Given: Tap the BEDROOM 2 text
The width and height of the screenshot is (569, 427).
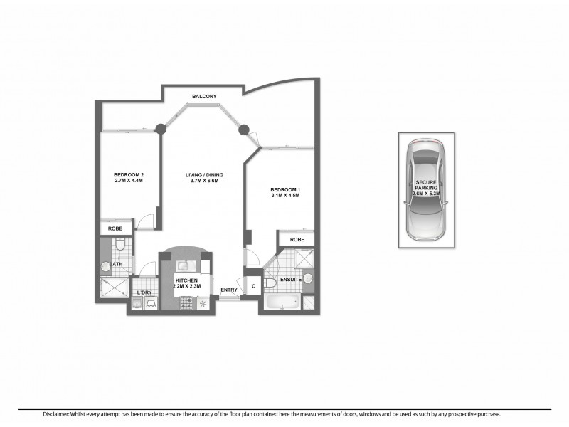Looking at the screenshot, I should point(129,175).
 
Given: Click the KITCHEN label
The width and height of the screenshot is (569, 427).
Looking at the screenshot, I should point(187,282).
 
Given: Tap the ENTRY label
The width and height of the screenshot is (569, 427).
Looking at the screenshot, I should point(228,290).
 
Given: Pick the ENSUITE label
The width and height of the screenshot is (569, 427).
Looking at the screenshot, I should point(291,280).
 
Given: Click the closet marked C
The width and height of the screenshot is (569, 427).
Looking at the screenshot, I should point(253,286).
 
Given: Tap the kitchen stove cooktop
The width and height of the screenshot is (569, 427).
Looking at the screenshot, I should point(188,303).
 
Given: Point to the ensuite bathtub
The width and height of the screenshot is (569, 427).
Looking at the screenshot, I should point(282,304).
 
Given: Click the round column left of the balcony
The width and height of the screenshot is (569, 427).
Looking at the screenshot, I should point(161,129).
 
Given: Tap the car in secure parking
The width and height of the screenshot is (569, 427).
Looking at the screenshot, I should point(425,191).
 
